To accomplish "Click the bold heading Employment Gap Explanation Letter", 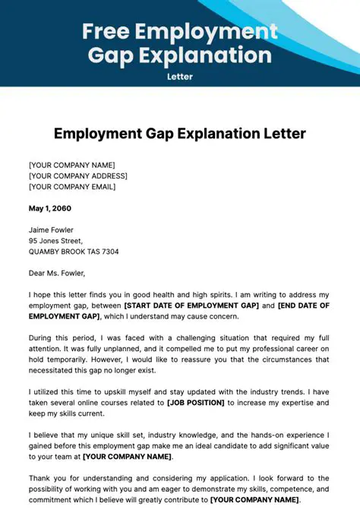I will pos(179,134).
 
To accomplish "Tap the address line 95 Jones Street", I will pos(60,241).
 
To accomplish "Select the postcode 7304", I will pos(108,252).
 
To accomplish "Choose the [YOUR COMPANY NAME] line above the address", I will pos(71,165).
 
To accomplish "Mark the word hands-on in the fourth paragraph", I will pos(242,435).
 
